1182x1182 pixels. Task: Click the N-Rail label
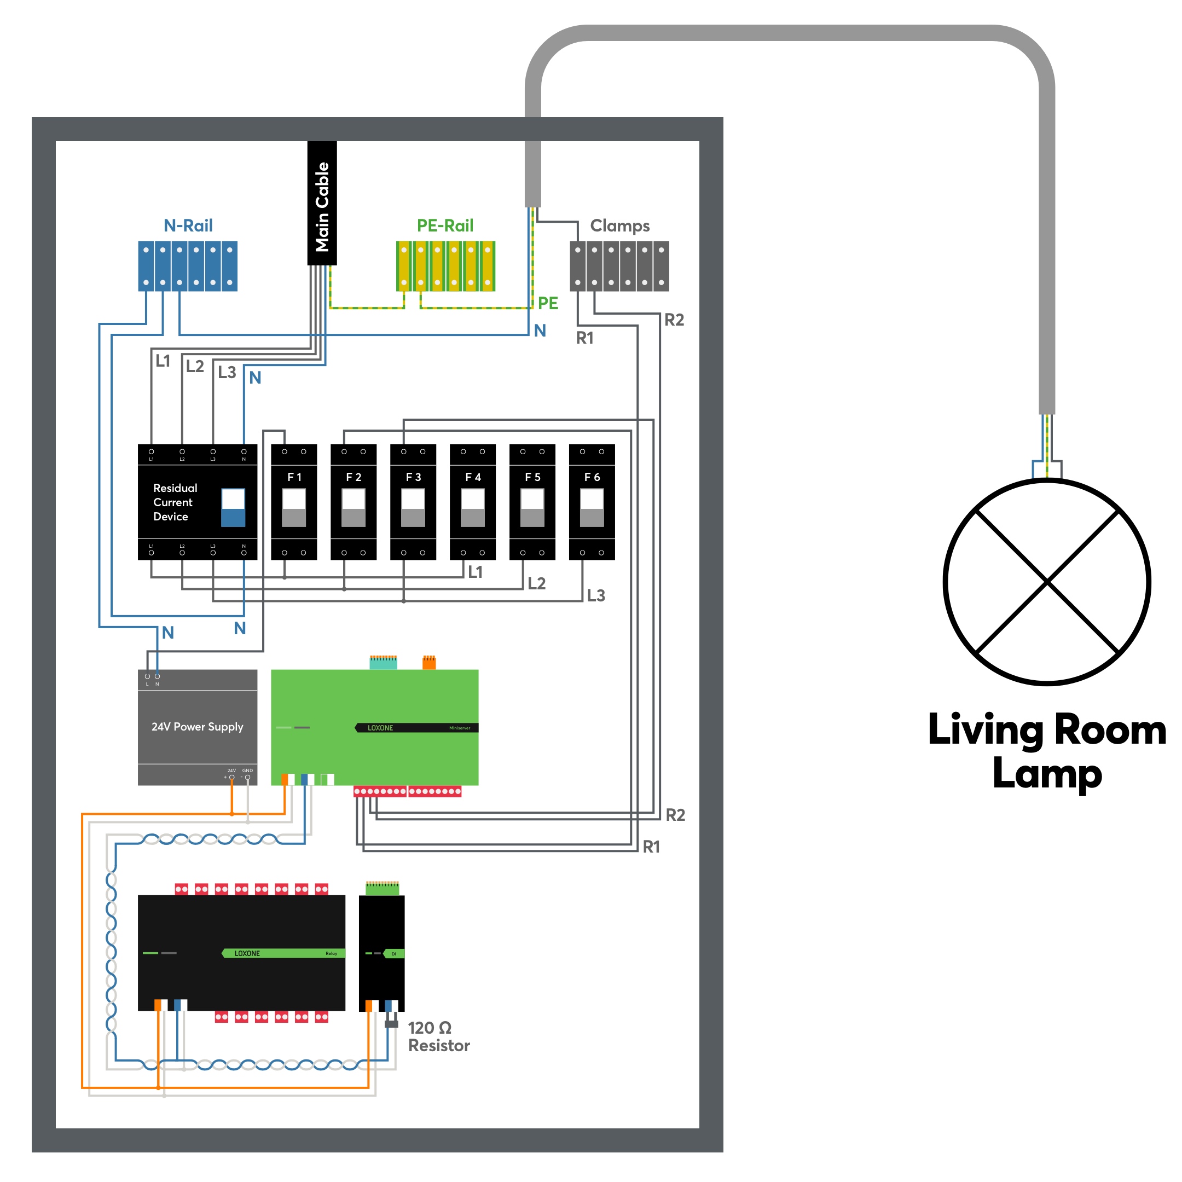click(x=188, y=226)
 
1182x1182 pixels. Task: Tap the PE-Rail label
click(x=445, y=226)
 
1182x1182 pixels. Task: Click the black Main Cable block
click(x=322, y=203)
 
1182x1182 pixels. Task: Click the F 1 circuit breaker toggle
click(x=294, y=507)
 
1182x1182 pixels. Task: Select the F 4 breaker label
click(x=472, y=477)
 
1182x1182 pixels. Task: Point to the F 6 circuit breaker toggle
click(x=592, y=507)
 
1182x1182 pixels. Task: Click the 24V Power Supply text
click(x=197, y=727)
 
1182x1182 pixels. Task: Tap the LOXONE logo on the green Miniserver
click(x=380, y=728)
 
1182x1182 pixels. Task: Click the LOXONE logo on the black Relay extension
click(x=247, y=953)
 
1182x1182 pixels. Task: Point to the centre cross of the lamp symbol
click(x=1047, y=582)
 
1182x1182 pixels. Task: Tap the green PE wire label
click(x=548, y=303)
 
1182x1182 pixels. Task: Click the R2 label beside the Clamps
click(x=674, y=320)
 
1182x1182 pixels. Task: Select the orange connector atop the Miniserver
click(x=429, y=663)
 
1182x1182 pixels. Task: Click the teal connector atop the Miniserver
click(x=383, y=663)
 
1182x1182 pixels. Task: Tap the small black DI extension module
click(x=381, y=953)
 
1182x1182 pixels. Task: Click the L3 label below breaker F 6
click(x=595, y=595)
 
